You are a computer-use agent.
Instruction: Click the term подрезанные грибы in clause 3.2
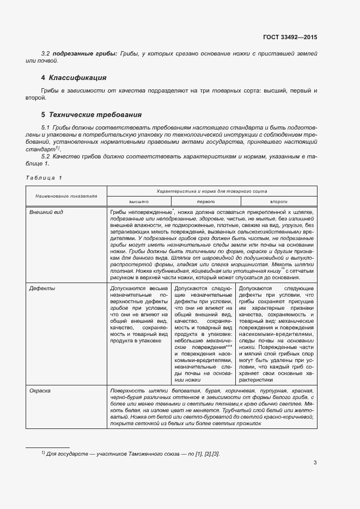coord(84,53)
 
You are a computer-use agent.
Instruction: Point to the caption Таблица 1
coord(44,178)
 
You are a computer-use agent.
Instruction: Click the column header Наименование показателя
coord(66,195)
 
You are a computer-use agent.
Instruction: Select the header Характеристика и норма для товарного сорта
coord(211,192)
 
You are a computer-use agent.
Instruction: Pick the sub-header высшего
coord(139,201)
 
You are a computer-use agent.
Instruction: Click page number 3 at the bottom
coord(315,463)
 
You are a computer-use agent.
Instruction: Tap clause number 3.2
coord(46,53)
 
